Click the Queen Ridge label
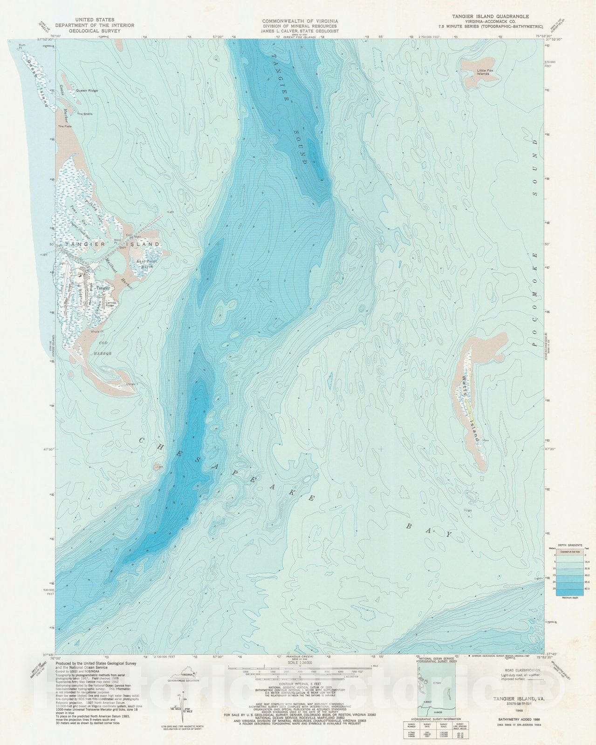tap(87, 90)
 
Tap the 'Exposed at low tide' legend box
tap(569, 552)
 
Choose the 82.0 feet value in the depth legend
tap(586, 589)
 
